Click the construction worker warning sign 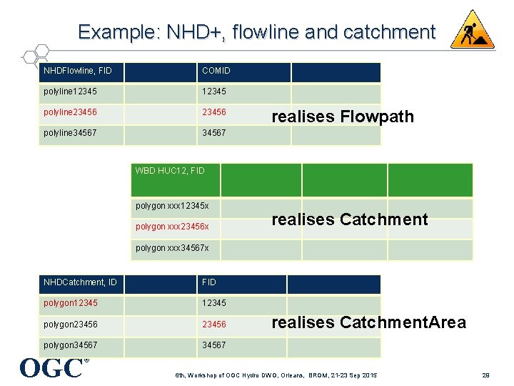coord(472,30)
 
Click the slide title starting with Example coord(256,32)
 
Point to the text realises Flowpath coord(343,117)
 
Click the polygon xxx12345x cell coord(174,207)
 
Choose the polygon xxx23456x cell coord(174,227)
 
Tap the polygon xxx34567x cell coord(174,248)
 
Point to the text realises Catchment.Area coord(369,322)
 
